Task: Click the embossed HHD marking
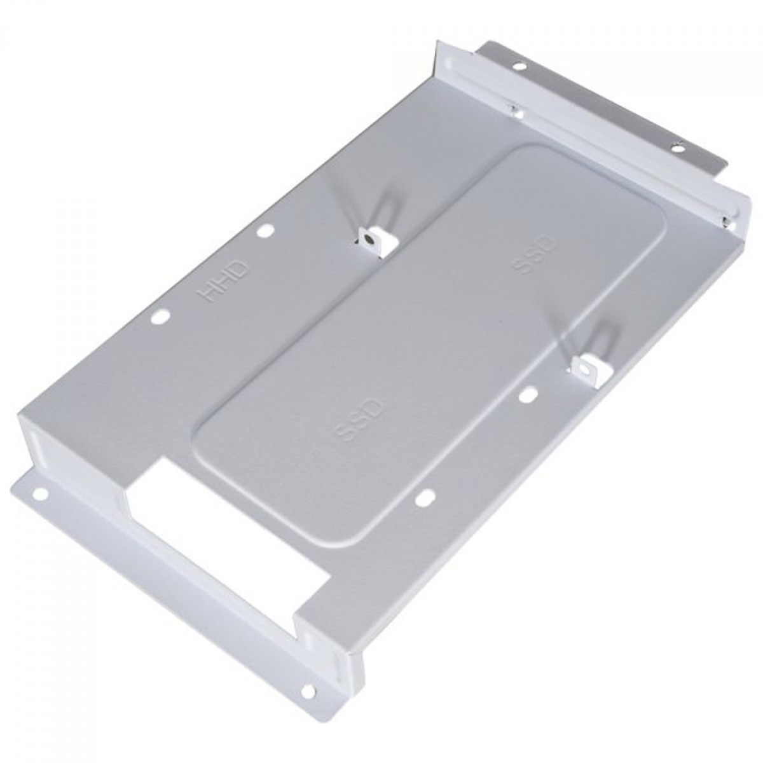[x=223, y=281]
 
